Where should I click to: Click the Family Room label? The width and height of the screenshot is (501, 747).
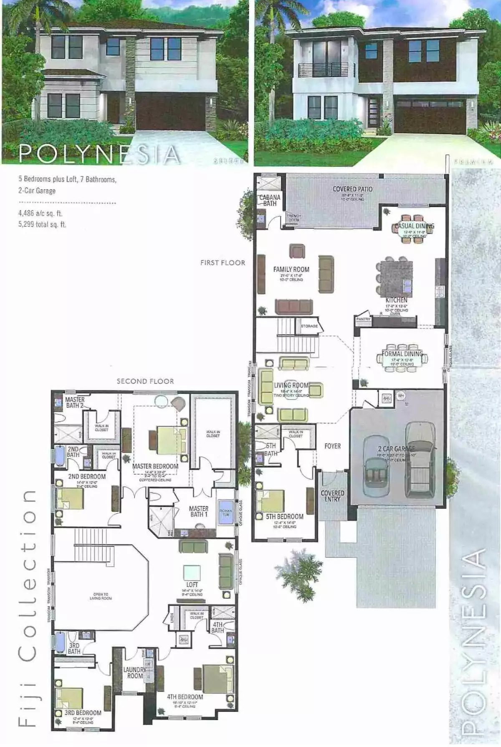[291, 269]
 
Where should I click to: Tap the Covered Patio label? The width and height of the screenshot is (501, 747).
[352, 189]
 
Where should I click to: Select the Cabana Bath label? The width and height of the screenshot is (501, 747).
[270, 200]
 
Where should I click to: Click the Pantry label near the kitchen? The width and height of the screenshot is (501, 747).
[363, 319]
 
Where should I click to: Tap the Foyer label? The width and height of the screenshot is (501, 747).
[332, 446]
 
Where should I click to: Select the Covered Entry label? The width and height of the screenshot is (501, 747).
[332, 495]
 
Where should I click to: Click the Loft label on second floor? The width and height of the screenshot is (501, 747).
[192, 584]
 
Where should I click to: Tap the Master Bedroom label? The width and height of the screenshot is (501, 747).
[155, 466]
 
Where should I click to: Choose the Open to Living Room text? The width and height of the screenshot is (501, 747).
[101, 596]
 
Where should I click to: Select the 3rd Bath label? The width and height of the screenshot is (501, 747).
[74, 648]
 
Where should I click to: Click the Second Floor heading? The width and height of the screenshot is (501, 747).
[145, 381]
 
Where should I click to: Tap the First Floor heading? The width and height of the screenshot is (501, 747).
[223, 262]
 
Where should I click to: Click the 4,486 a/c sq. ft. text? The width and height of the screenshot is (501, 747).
[40, 213]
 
